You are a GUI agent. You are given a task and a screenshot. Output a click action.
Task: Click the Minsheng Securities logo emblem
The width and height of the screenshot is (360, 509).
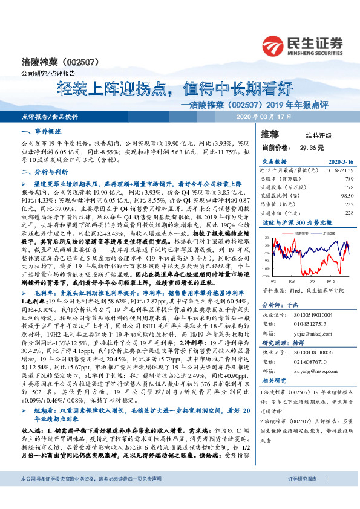[x=276, y=45]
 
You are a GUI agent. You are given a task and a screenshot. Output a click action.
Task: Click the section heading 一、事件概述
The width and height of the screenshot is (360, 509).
[x=41, y=131]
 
